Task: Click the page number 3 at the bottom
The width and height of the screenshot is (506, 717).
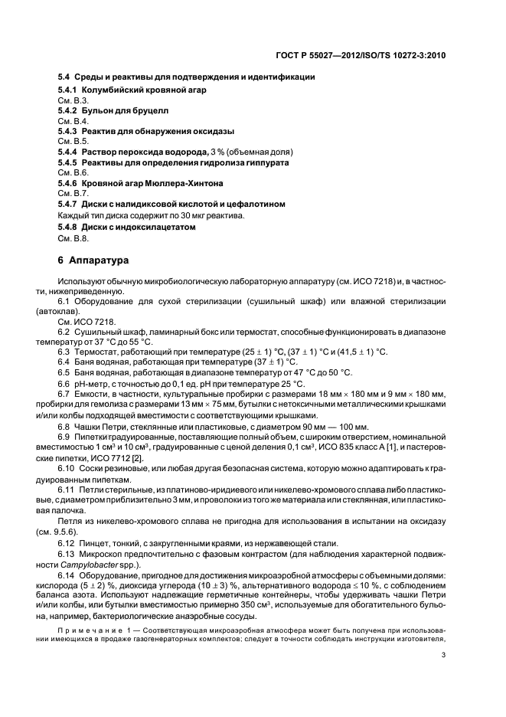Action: pos(444,653)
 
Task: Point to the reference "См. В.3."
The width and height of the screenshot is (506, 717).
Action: pos(73,100)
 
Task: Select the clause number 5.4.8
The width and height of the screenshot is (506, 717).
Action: pos(70,227)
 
